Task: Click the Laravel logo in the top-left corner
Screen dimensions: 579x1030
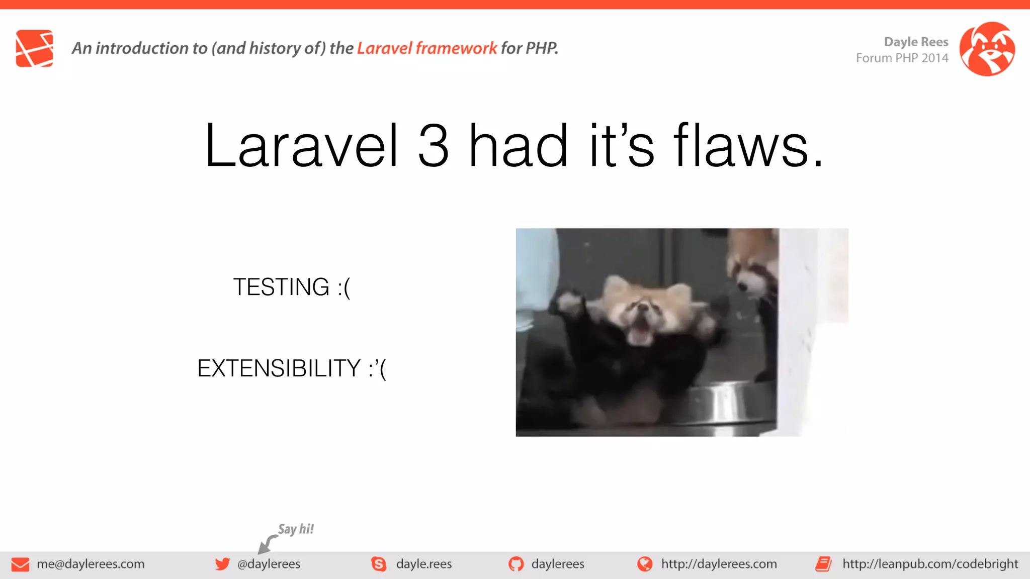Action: point(34,48)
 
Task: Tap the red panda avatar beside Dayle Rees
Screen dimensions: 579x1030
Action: point(987,49)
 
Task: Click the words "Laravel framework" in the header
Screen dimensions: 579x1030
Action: point(427,48)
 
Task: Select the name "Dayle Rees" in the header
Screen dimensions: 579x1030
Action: point(916,42)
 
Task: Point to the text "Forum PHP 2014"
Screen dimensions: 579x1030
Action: point(902,58)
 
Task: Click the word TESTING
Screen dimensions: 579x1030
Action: point(281,287)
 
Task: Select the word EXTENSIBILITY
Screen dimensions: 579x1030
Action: point(279,368)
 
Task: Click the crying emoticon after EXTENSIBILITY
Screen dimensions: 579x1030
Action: point(378,369)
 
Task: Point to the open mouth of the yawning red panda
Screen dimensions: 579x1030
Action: point(640,332)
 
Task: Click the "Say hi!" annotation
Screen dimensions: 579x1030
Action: point(296,529)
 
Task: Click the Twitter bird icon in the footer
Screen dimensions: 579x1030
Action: point(222,564)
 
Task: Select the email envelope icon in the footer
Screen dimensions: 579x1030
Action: point(20,564)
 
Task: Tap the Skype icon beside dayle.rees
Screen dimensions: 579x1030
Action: point(379,564)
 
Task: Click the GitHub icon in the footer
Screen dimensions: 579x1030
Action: point(516,564)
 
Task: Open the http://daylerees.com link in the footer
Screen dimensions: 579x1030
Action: point(719,564)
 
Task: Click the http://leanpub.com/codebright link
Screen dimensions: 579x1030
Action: point(930,564)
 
